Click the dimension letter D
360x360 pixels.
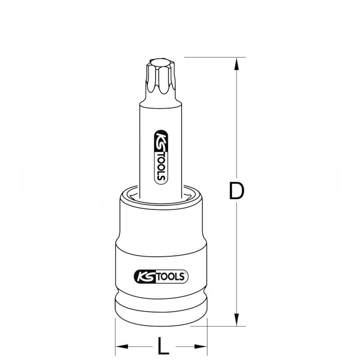236,191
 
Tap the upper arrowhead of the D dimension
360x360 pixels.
235,63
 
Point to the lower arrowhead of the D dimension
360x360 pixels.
235,320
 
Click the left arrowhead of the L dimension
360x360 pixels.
121,346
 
